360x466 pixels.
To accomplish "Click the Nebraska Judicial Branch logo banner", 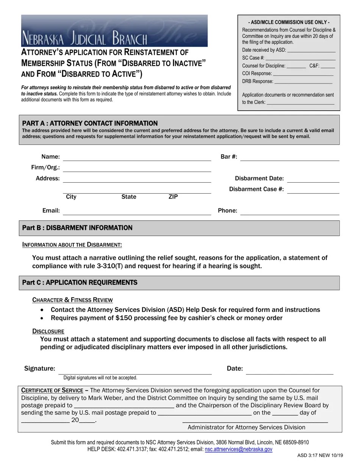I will (114, 31).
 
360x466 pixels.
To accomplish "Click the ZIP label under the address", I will (173, 197).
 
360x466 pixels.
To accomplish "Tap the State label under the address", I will (129, 197).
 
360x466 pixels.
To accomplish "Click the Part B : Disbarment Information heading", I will (77, 228).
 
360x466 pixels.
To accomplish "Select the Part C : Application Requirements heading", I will (80, 283).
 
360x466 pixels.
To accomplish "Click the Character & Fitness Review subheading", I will (72, 300).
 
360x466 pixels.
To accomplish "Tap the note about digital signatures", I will (100, 378).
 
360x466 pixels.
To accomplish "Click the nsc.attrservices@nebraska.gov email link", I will (238, 449).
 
